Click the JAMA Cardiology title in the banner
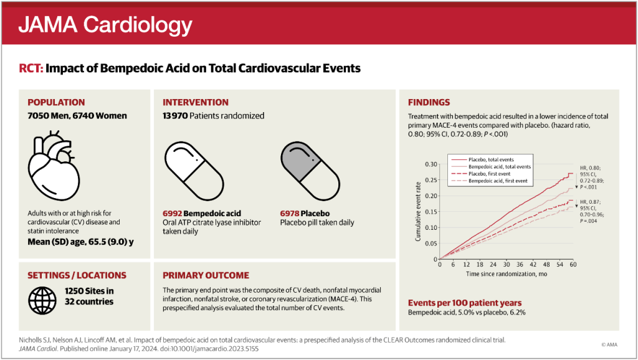tap(105, 24)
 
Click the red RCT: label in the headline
tap(31, 68)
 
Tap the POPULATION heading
tap(56, 103)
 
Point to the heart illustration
tap(54, 165)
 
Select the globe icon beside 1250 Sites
tap(42, 301)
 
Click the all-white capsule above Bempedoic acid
tap(194, 171)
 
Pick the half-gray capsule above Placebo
tap(310, 171)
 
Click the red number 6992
tap(172, 214)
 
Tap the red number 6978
tap(290, 214)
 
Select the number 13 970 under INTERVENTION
tap(175, 116)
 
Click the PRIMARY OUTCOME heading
tap(206, 275)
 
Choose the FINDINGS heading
tap(429, 103)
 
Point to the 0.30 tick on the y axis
tap(431, 164)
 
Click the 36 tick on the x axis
tap(520, 265)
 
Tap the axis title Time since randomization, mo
tap(507, 274)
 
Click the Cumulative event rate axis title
tap(418, 212)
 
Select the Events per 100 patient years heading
tap(465, 303)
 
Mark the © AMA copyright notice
tap(609, 344)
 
